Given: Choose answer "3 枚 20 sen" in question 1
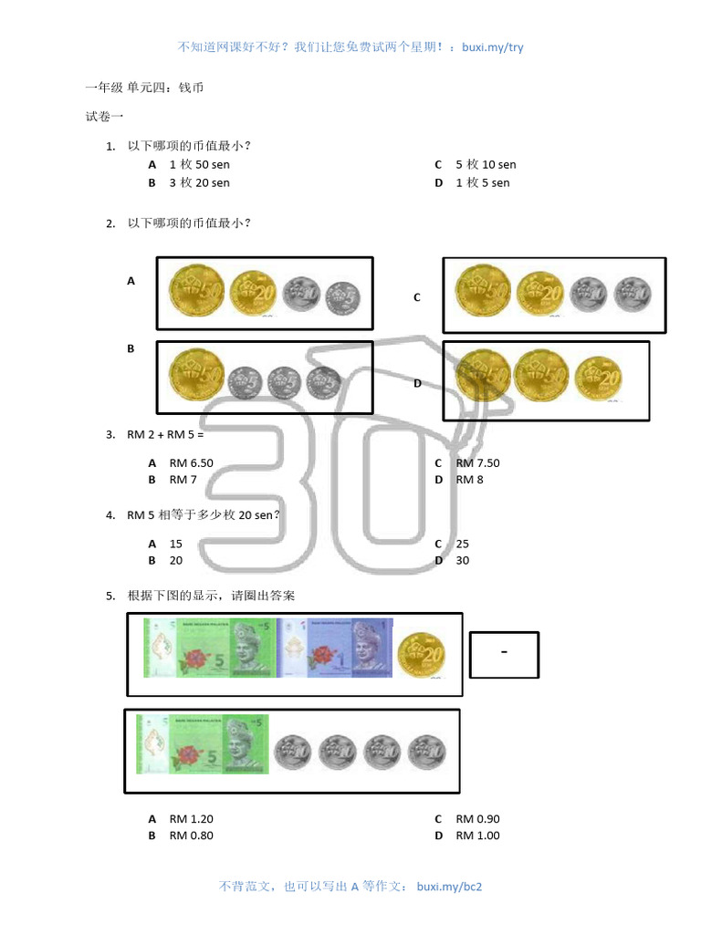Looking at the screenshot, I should click(199, 182).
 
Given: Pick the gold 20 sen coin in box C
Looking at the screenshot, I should click(539, 294).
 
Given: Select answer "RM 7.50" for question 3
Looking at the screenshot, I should click(477, 462).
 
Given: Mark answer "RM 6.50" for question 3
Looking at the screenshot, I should click(191, 462).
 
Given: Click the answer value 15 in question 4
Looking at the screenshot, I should click(176, 544).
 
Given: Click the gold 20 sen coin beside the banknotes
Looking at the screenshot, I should click(422, 653).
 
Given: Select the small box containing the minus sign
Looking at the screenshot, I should click(504, 655).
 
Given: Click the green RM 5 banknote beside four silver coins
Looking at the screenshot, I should click(202, 743).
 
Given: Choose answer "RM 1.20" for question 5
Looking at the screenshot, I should click(191, 819).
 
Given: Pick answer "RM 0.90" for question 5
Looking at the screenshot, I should click(477, 819).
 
